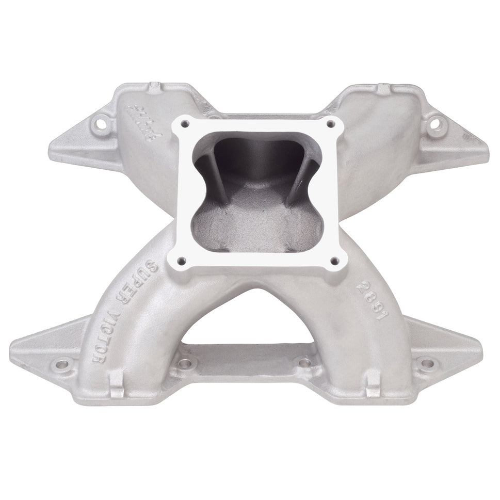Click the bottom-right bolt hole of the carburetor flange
[333, 261]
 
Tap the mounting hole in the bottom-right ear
[427, 363]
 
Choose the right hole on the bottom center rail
[305, 363]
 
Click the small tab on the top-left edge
[155, 88]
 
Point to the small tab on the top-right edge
[383, 88]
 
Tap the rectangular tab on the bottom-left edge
[117, 384]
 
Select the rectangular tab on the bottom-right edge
[373, 384]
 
